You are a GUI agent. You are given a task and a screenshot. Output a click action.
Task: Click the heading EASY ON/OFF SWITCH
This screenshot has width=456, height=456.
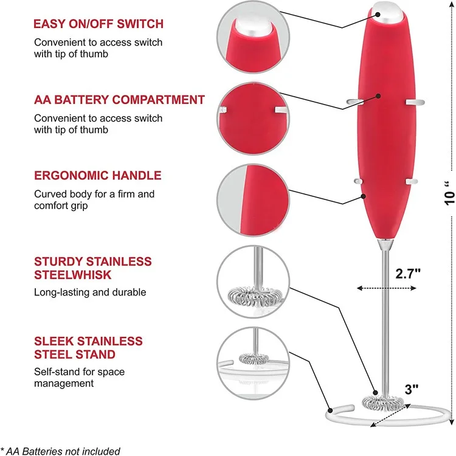point(98,24)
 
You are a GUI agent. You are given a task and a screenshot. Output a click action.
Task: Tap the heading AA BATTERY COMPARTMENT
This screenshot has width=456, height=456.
point(119,100)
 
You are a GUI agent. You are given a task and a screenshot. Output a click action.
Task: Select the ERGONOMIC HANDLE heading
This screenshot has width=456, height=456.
point(97,176)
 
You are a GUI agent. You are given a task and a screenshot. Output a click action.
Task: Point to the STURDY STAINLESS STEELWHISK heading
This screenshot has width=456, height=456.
point(92,268)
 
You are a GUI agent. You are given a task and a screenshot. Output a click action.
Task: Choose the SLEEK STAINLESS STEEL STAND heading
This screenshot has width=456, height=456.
point(88,347)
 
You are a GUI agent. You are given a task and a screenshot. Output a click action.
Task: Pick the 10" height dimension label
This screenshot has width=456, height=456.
point(449,195)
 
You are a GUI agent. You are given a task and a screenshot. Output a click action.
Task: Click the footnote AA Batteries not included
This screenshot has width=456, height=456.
point(60,451)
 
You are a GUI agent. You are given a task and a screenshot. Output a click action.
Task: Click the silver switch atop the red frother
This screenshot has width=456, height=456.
point(385,11)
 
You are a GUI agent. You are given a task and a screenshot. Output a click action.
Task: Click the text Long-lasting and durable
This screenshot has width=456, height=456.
point(90,292)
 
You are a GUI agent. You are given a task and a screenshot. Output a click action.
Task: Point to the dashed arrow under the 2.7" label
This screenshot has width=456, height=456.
point(383,289)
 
